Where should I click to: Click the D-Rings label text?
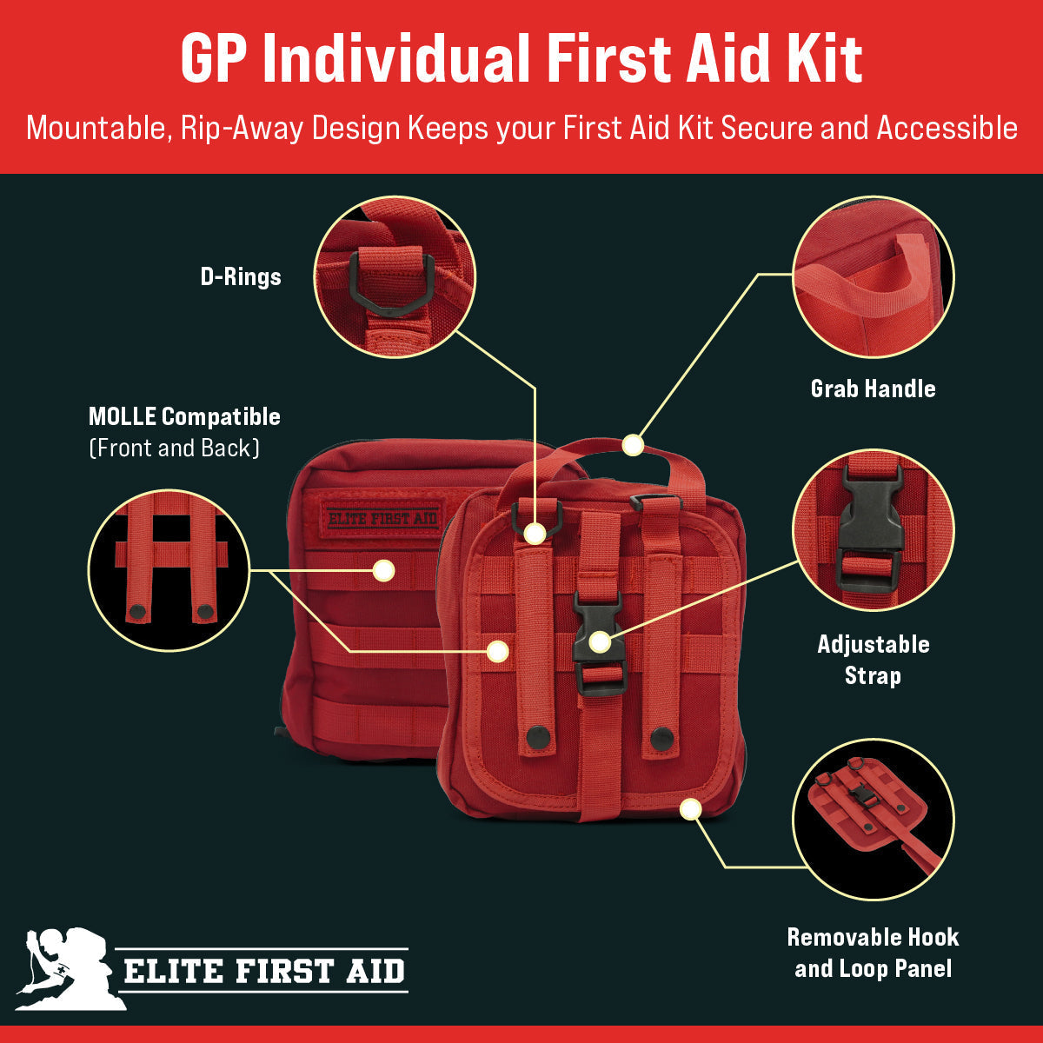pyautogui.click(x=240, y=277)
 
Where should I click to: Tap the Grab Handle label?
pyautogui.click(x=873, y=389)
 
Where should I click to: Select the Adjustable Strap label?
pyautogui.click(x=873, y=660)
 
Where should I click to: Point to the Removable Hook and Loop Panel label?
pyautogui.click(x=873, y=953)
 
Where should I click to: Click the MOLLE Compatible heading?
pyautogui.click(x=184, y=416)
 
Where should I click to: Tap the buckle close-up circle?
pyautogui.click(x=873, y=530)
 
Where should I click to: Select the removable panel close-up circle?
pyautogui.click(x=873, y=819)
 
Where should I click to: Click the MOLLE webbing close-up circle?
pyautogui.click(x=169, y=570)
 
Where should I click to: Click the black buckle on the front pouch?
pyautogui.click(x=599, y=643)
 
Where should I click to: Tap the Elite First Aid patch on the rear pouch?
pyautogui.click(x=382, y=519)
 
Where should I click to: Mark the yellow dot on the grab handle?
pyautogui.click(x=633, y=446)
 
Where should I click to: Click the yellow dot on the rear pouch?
pyautogui.click(x=383, y=571)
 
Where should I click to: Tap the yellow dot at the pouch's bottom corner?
pyautogui.click(x=690, y=810)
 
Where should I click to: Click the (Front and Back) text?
pyautogui.click(x=174, y=448)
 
